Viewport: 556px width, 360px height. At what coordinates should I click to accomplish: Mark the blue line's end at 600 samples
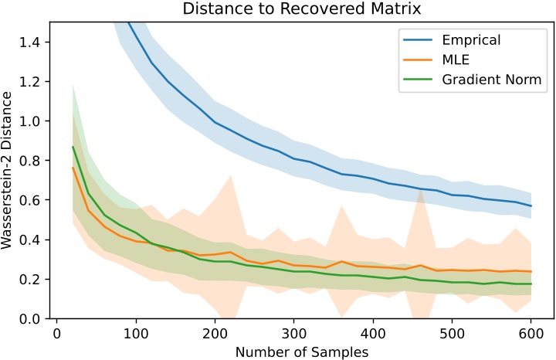tap(531, 205)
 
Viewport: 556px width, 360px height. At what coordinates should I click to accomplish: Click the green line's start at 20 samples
tap(73, 147)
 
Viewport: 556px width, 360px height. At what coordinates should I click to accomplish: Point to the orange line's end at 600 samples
tap(531, 271)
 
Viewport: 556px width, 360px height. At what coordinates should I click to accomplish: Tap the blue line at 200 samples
tap(215, 122)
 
